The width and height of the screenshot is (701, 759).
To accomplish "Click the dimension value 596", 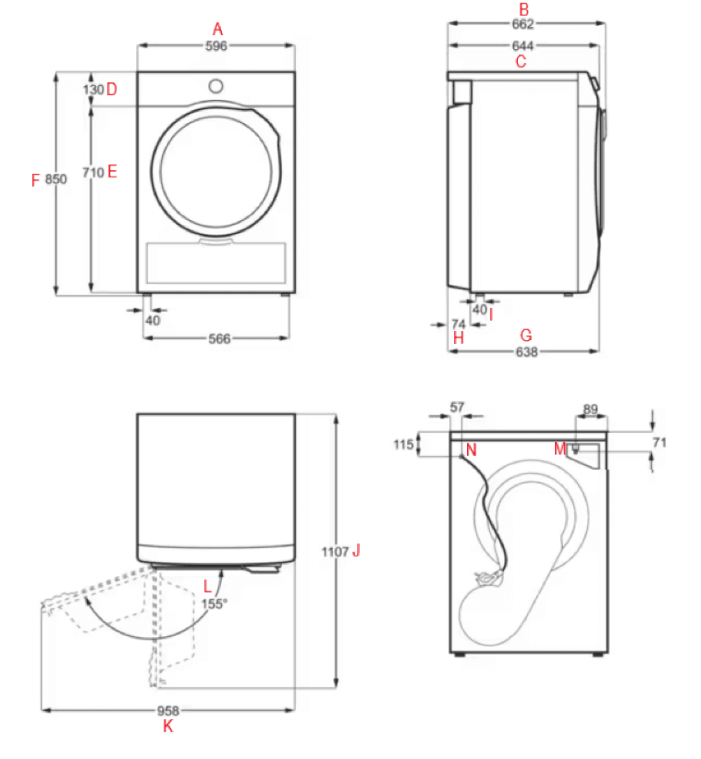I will pyautogui.click(x=216, y=45).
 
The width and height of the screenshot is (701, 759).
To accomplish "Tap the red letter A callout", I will pyautogui.click(x=217, y=29).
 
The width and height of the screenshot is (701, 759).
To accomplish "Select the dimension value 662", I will pyautogui.click(x=524, y=25).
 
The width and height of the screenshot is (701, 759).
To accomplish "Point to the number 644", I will pyautogui.click(x=524, y=45).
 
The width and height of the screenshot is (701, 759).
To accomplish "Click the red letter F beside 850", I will pyautogui.click(x=35, y=180).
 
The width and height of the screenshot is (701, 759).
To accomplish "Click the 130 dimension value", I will pyautogui.click(x=93, y=90).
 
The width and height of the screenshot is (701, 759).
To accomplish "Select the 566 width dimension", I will pyautogui.click(x=218, y=339).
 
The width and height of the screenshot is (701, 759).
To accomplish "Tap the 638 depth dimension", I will pyautogui.click(x=526, y=351).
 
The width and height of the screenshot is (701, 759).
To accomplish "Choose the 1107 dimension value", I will pyautogui.click(x=336, y=551).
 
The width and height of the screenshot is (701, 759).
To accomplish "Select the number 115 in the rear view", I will pyautogui.click(x=402, y=445).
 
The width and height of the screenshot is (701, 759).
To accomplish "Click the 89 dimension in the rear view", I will pyautogui.click(x=592, y=408).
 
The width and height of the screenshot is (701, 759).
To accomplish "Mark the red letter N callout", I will pyautogui.click(x=471, y=450).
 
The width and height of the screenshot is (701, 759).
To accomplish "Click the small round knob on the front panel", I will pyautogui.click(x=215, y=86).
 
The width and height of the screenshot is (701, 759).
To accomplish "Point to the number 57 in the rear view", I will pyautogui.click(x=458, y=407).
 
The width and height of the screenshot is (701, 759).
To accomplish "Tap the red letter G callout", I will pyautogui.click(x=526, y=335).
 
